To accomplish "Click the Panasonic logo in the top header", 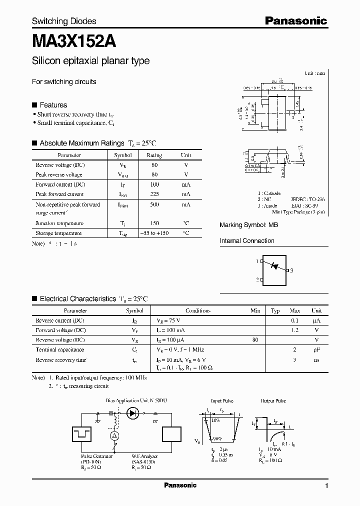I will (x=295, y=20).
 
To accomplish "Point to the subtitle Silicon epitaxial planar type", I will (x=90, y=61).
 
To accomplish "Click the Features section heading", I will (x=53, y=105).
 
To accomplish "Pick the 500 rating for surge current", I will (x=154, y=204).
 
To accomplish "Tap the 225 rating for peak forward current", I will (x=154, y=194).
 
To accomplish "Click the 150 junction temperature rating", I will (x=154, y=223).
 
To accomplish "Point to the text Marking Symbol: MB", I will (x=248, y=225).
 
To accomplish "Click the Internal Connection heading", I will (x=247, y=241).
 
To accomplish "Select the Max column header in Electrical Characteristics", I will (x=295, y=310).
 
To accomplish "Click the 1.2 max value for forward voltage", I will (x=295, y=330).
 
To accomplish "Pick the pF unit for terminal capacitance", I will (x=316, y=350).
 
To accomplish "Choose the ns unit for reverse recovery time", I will (x=316, y=360).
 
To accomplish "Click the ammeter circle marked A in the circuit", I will (x=114, y=436).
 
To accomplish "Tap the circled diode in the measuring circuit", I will (x=132, y=413).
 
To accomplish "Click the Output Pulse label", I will (x=273, y=400).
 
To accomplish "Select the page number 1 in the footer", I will (x=326, y=486).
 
